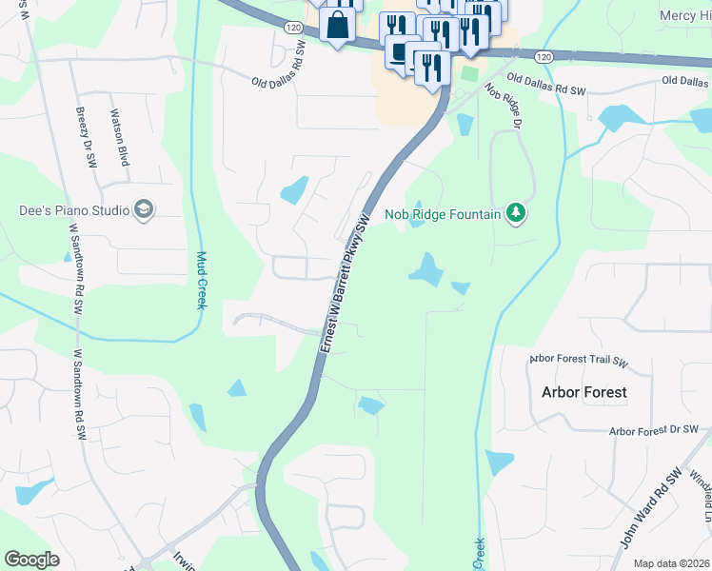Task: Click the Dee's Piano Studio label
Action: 72,210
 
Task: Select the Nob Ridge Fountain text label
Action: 443,214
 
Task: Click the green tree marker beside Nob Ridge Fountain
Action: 516,212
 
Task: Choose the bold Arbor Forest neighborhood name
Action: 583,392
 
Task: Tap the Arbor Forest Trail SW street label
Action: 580,361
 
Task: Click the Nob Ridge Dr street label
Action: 504,106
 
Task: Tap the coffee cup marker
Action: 398,51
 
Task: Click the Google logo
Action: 31,560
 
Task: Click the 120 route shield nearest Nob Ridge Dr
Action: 543,57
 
